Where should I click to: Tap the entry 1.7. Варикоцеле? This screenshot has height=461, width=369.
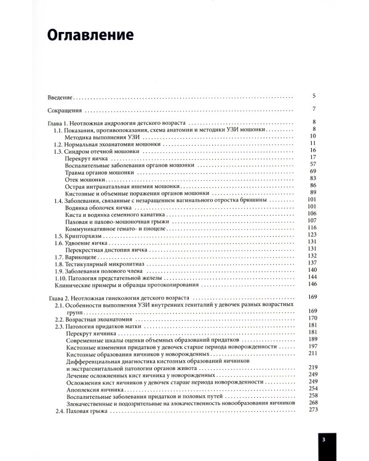point(80,255)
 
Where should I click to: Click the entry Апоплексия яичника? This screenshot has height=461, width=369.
point(95,388)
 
